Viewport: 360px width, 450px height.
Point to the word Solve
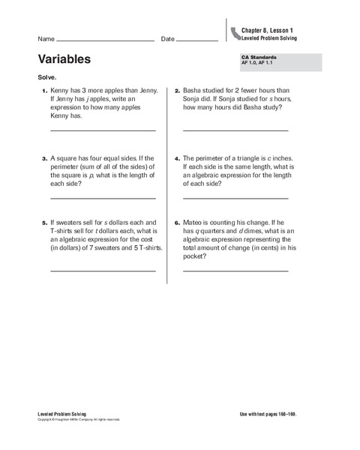coord(45,77)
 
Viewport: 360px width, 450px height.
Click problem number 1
coord(43,91)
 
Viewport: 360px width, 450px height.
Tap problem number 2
coord(176,91)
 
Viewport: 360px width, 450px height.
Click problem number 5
coord(43,223)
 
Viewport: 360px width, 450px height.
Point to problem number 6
coord(176,223)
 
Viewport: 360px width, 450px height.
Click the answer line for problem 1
coord(103,130)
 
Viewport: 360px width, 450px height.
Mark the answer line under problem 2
coord(235,130)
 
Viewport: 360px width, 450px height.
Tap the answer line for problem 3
coord(103,198)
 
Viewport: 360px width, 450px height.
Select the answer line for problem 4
coord(235,198)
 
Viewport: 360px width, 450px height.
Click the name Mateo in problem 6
coord(195,223)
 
